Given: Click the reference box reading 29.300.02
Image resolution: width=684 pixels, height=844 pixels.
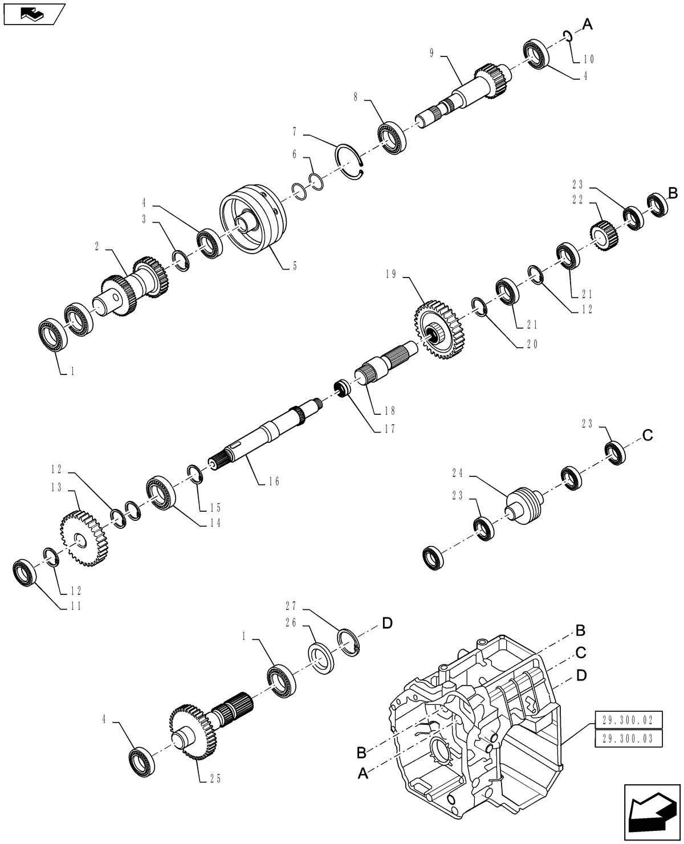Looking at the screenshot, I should coord(628,720).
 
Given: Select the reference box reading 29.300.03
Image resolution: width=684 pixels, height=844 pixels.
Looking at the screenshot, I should coord(628,739).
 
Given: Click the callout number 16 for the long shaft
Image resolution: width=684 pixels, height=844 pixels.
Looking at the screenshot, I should coord(274,482).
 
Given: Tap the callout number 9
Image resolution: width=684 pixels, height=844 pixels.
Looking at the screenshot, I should coord(431,53).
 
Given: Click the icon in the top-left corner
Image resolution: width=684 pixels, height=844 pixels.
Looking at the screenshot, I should coord(33,13).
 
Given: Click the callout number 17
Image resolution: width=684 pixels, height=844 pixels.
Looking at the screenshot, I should coord(390,429).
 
